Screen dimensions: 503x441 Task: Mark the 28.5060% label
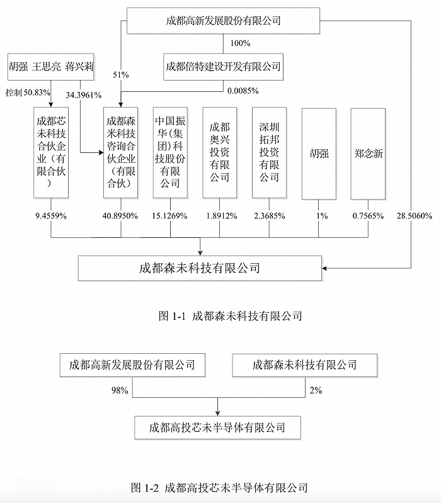[415, 216]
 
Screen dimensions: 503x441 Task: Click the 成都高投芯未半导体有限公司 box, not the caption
[217, 427]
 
